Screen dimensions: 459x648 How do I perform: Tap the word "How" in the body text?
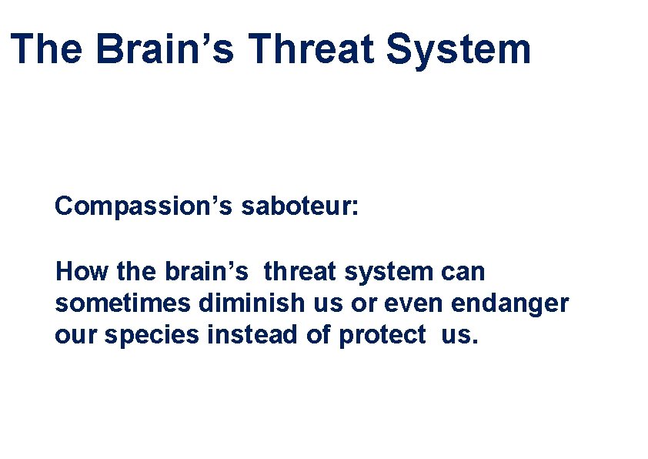(x=77, y=272)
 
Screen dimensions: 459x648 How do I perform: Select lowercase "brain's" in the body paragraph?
(x=205, y=272)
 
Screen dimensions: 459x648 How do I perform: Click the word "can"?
(x=463, y=272)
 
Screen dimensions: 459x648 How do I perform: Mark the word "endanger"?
(x=510, y=303)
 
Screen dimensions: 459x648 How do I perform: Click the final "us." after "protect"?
(x=459, y=336)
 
